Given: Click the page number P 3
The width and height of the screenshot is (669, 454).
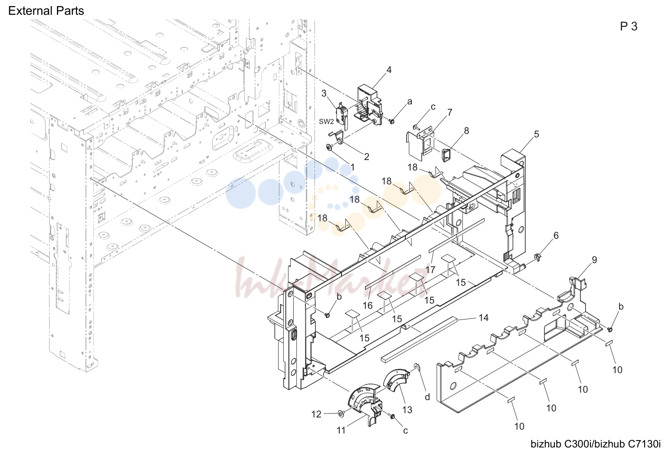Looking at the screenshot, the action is [x=629, y=27].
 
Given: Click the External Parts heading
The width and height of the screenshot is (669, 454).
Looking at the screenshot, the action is [x=46, y=11].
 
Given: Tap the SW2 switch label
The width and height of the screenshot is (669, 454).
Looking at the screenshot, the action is [x=326, y=122].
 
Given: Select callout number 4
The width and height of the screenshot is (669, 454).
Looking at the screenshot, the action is [x=388, y=70].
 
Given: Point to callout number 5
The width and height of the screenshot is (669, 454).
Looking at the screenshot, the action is [x=537, y=134].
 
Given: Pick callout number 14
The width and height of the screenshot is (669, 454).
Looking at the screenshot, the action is [x=484, y=317].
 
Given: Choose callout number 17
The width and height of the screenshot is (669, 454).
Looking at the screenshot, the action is [x=431, y=270].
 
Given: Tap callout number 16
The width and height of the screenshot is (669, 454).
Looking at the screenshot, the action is [x=368, y=305].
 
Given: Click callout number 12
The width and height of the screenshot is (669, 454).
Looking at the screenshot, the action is [x=316, y=414].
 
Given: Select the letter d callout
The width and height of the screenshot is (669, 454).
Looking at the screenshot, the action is [x=427, y=397].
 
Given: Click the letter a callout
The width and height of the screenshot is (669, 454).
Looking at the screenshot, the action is [x=410, y=102].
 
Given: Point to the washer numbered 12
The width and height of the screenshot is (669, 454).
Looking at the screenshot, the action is [x=340, y=414].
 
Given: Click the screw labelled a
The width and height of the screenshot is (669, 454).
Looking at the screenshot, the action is [x=392, y=121].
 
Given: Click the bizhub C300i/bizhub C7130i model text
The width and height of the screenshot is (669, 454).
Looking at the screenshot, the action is [x=596, y=444].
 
